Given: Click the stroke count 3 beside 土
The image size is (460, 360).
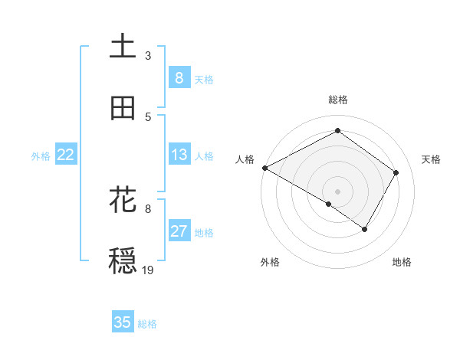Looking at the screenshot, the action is coord(148,56).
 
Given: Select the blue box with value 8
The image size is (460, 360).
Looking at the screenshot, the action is coord(179,77).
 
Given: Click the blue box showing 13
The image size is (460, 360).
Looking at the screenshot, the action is coord(179,155).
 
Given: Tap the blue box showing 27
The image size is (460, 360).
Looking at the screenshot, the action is coord(179,231).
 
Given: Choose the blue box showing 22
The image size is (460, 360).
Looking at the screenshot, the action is coord(66,155).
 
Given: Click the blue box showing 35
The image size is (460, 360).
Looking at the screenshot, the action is coord(123,322).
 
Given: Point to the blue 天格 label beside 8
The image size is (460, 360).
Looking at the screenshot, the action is coord(204,79).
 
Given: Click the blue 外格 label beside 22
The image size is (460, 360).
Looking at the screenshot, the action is coord(41,156).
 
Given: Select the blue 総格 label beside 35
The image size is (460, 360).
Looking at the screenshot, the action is coord(147,324).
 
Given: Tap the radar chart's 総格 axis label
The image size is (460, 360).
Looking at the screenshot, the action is coord(337,100).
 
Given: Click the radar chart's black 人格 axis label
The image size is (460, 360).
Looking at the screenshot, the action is coord(245,159).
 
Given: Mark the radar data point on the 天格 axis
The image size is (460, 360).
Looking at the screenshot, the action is coord(396,172).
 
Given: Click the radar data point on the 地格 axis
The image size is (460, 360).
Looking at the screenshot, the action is coord(365,229).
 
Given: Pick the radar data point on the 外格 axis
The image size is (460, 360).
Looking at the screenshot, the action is coord(329,204).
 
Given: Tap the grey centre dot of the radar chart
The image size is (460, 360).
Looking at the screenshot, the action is coord(337,191).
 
